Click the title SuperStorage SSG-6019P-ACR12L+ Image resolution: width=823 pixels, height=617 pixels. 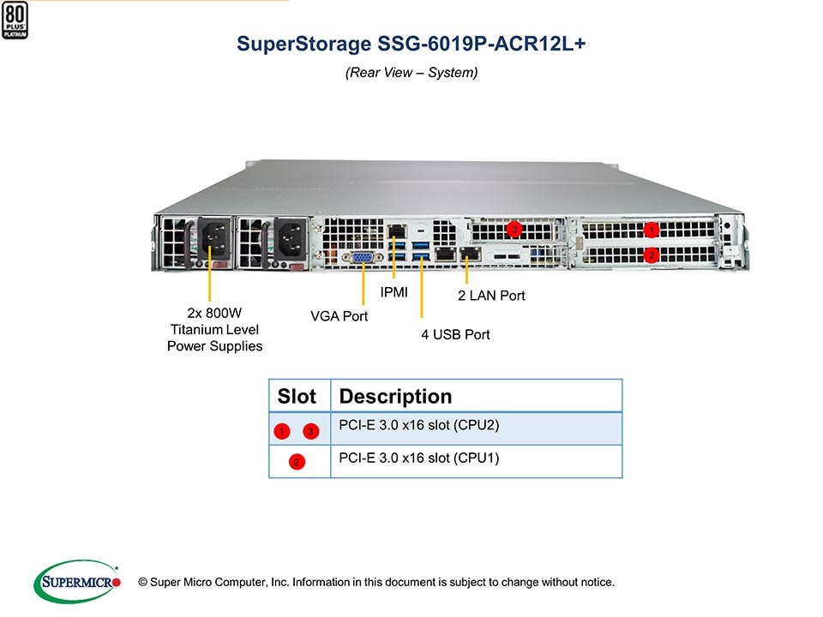(x=411, y=45)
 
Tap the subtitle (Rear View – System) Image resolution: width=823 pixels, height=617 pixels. (x=411, y=73)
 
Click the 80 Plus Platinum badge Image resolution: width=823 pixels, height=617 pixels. (x=15, y=19)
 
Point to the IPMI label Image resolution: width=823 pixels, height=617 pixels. (x=394, y=292)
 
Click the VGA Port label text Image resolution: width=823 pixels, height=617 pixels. (x=339, y=316)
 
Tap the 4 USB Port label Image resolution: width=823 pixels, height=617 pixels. (x=455, y=334)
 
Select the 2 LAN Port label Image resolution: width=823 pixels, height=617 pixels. (x=490, y=296)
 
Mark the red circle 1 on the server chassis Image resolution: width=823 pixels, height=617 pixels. (x=651, y=230)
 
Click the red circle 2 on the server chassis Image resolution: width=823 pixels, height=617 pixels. (x=651, y=255)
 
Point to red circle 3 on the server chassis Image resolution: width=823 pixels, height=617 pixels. (x=514, y=229)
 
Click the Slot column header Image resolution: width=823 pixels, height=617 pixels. (x=297, y=397)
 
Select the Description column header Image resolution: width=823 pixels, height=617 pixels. (x=395, y=397)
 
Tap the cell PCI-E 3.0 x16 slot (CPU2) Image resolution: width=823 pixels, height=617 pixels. (x=419, y=425)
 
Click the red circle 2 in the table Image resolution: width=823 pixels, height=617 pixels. (x=296, y=462)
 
